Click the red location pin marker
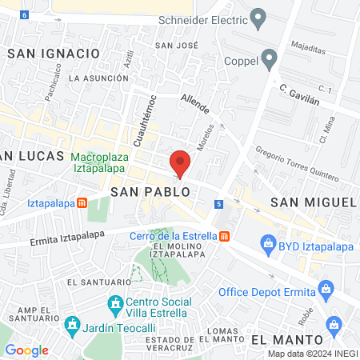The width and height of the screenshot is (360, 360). click(x=181, y=163)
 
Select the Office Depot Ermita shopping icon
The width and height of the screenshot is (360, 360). click(x=325, y=288)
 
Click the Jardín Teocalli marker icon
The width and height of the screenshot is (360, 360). click(x=72, y=326)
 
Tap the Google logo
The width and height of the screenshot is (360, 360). click(x=26, y=350)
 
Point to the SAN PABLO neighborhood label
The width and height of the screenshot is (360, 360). click(x=150, y=192)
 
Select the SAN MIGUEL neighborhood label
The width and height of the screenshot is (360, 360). click(x=313, y=202)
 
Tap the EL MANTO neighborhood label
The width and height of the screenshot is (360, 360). click(x=279, y=339)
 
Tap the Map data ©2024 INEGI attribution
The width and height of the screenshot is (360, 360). click(x=312, y=354)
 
